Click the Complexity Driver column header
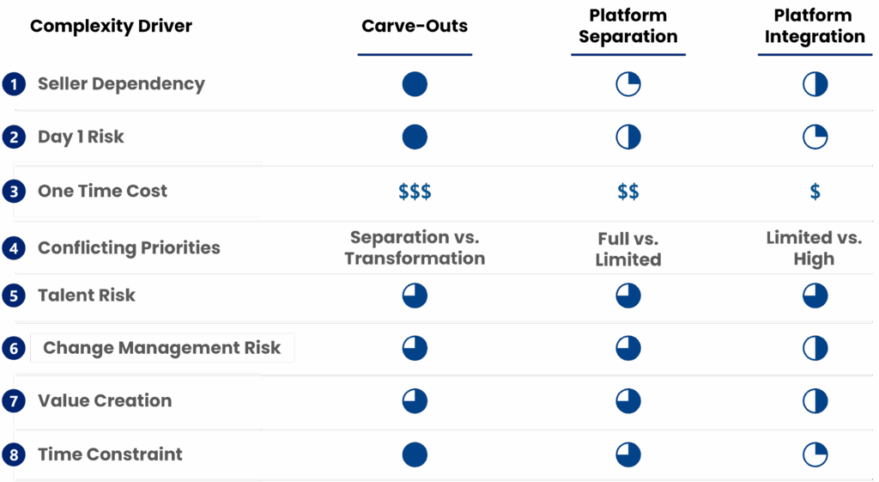[x=111, y=26]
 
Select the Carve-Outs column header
[x=415, y=26]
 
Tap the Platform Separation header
[x=627, y=27]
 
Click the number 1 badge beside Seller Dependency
[x=13, y=84]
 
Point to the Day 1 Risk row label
[x=81, y=137]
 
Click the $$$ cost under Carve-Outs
[x=415, y=192]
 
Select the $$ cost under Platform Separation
[x=628, y=192]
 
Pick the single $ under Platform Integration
[x=815, y=192]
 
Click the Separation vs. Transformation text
[x=415, y=247]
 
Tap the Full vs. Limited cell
[x=628, y=248]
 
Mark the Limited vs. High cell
[x=814, y=248]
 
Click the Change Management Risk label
[x=161, y=348]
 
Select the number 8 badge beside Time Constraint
[x=13, y=455]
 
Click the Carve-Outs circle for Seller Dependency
[x=415, y=84]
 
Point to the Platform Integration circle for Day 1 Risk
[x=815, y=137]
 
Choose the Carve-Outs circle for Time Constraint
[x=415, y=454]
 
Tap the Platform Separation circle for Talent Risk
[x=628, y=296]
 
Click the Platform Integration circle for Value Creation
[x=815, y=400]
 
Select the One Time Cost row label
[x=102, y=191]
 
